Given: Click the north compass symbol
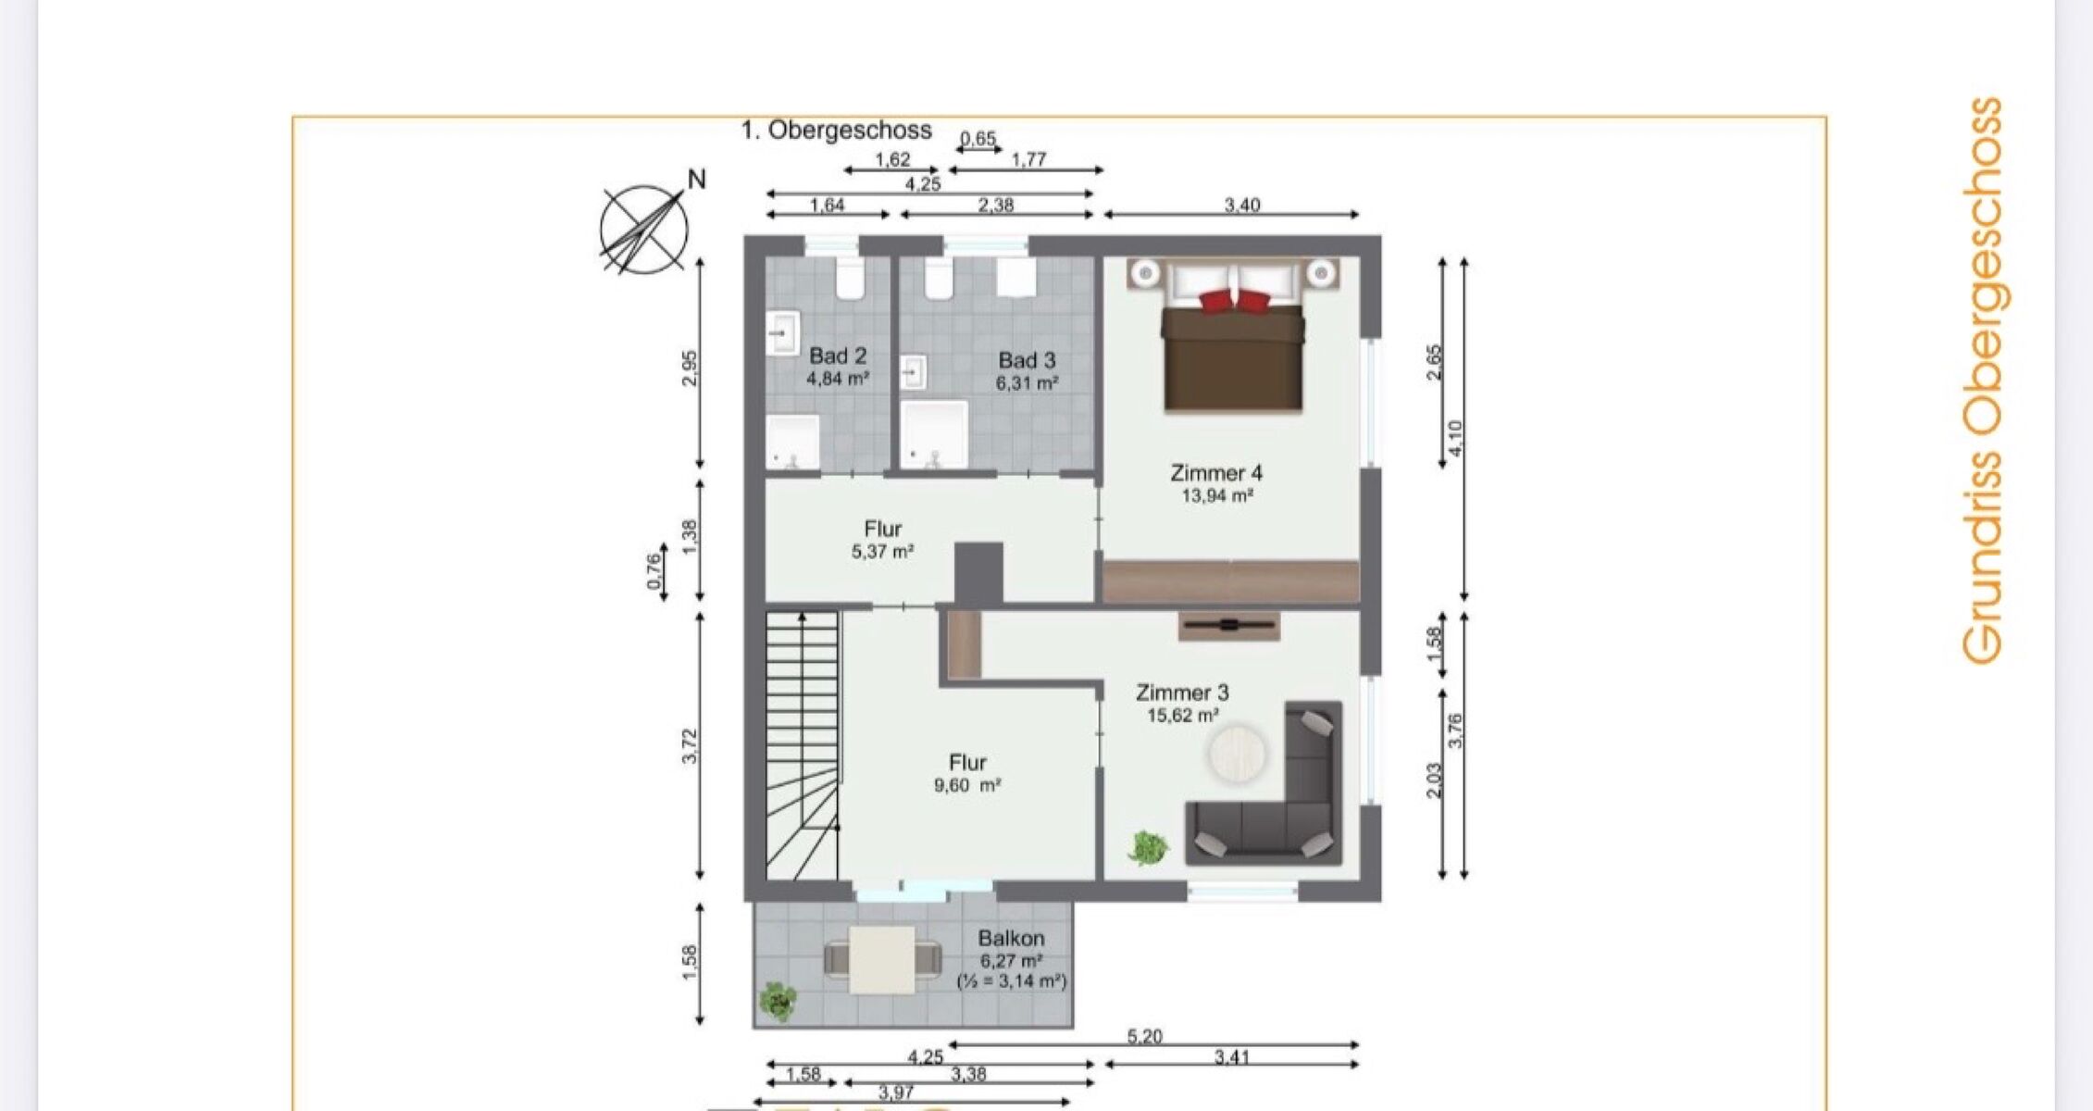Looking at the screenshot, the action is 644,229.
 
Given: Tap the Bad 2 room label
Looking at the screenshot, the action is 838,356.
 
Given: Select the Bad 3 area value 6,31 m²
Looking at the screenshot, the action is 1027,382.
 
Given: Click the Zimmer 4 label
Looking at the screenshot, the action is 1216,473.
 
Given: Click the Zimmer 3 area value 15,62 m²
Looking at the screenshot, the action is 1182,716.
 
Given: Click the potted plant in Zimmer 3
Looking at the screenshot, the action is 1148,846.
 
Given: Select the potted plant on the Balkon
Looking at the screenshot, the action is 779,1001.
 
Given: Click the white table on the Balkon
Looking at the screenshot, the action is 883,960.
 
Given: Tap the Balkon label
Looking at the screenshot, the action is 1011,938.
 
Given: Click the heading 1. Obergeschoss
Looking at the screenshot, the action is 836,131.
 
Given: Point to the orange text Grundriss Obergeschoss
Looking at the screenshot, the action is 1983,381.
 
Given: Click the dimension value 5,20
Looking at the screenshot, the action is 1145,1037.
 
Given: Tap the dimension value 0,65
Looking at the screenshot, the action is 978,139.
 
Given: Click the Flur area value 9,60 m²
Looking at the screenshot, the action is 967,786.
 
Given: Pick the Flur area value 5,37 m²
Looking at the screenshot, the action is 883,552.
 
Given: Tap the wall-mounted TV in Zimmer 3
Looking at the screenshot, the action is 1229,626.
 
